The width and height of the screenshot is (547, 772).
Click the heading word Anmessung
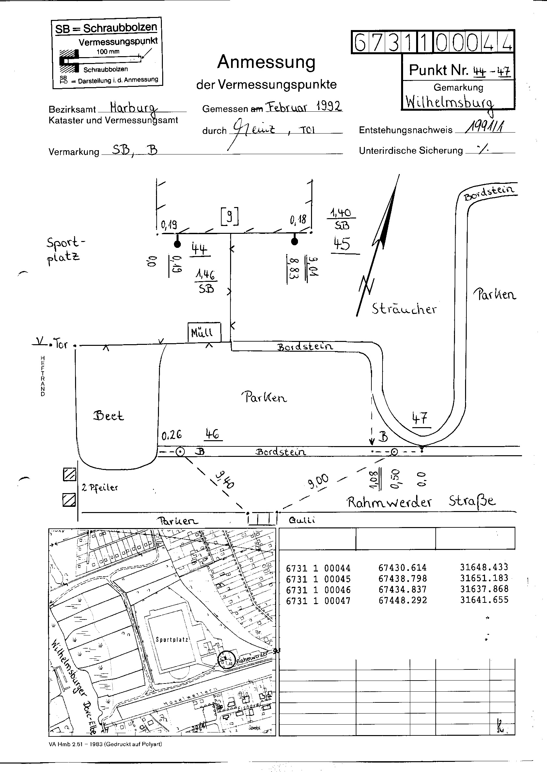pos(266,62)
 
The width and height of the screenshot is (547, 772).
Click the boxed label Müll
pos(204,332)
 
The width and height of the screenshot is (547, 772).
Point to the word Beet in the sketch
pos(108,415)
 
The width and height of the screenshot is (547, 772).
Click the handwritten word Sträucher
pos(404,309)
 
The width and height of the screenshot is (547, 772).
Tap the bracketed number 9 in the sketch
pos(230,217)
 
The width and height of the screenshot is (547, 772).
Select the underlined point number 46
pos(213,434)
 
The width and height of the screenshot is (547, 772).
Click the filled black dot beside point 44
pos(177,244)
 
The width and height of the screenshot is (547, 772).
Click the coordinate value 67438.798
pos(402,579)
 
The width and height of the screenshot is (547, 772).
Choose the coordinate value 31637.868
pos(484,589)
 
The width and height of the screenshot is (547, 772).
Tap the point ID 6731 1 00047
pos(318,601)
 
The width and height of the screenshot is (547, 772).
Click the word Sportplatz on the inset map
pos(171,639)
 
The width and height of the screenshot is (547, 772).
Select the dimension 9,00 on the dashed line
pos(318,479)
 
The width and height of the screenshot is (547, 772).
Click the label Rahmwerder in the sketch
pos(389,502)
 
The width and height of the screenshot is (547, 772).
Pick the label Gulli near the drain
pos(302,520)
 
